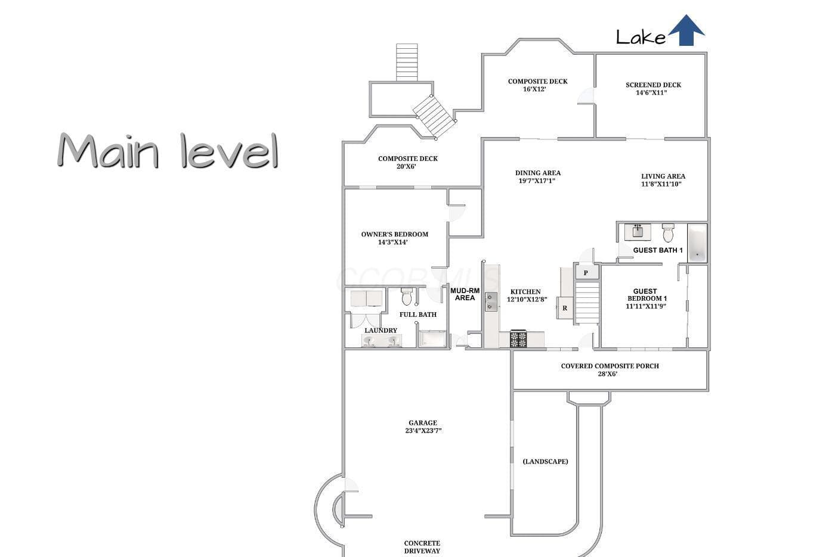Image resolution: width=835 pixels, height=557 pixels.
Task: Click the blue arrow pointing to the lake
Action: tap(686, 30)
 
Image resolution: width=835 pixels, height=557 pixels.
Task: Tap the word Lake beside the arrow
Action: tap(641, 37)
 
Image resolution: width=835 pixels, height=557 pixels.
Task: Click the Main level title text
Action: tap(168, 150)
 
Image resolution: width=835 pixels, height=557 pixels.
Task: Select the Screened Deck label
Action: tap(653, 85)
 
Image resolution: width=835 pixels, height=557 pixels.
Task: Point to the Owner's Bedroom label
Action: tap(394, 234)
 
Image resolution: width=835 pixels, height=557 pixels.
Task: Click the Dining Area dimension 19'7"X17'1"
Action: tap(537, 181)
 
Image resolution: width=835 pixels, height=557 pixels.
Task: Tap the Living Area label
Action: tap(663, 176)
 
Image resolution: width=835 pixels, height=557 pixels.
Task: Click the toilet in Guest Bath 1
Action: tap(668, 232)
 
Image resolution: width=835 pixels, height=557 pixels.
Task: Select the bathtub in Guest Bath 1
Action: tap(697, 243)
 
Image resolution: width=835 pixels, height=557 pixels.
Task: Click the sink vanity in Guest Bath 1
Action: tap(638, 232)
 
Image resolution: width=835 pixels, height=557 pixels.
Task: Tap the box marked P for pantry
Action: tap(586, 273)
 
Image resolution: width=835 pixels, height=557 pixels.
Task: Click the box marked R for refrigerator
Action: tap(565, 308)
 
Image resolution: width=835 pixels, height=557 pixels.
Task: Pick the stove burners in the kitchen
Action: tap(518, 339)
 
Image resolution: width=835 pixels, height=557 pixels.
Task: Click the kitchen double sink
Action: tap(490, 302)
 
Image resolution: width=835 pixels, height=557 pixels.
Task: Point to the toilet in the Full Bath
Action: tap(407, 297)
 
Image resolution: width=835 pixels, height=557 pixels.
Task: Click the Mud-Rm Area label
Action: tap(465, 294)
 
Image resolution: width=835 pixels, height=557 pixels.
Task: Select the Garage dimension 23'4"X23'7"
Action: tap(423, 431)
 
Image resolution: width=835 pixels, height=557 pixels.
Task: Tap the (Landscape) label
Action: tap(545, 461)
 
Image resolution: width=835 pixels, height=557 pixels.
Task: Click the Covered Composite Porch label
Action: tap(610, 366)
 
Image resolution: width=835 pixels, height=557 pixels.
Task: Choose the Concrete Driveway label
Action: tap(422, 547)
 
